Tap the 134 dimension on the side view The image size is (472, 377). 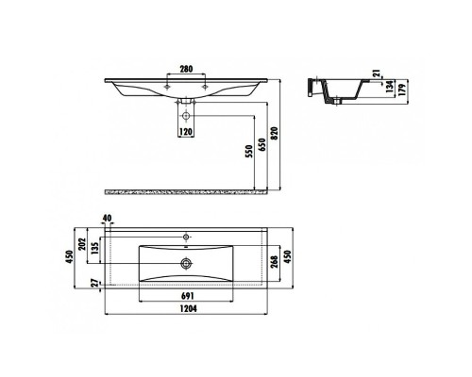pos(391,90)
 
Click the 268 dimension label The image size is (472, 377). pos(274,261)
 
